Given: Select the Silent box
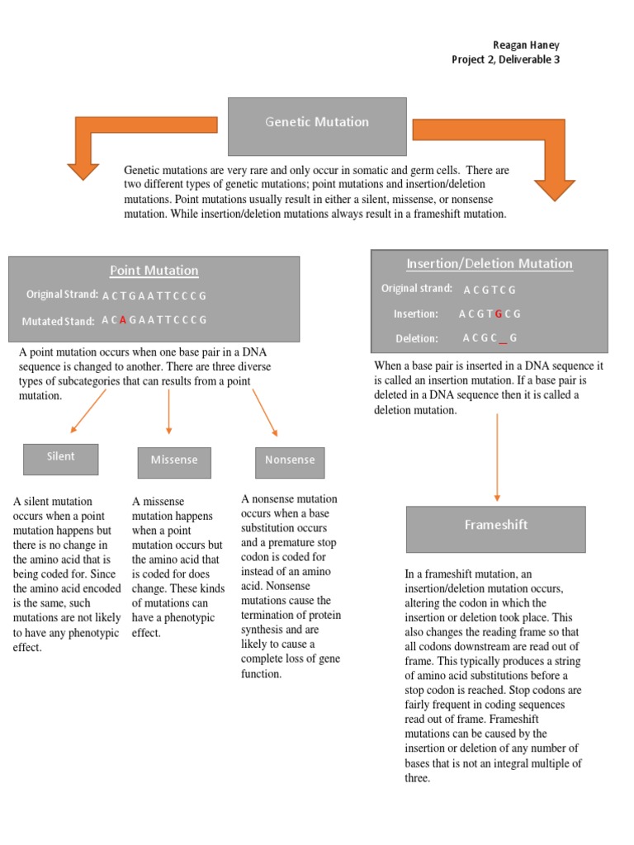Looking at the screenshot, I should (x=60, y=458).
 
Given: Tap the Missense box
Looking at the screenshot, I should (x=174, y=461).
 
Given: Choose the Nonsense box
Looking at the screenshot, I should (x=290, y=461).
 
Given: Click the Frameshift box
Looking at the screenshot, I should (x=495, y=528).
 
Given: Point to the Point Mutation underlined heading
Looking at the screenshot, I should (x=154, y=271).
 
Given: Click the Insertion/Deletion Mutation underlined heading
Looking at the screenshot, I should (x=489, y=264).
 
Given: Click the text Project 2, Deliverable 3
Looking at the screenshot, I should (x=505, y=59).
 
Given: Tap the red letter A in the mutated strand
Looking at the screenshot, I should (x=123, y=320).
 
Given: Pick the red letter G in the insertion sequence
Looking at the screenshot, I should (x=498, y=314).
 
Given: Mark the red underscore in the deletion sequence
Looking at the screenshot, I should (x=502, y=339).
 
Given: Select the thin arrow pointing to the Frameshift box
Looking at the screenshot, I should (x=497, y=458).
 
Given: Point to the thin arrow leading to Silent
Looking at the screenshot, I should (x=88, y=411).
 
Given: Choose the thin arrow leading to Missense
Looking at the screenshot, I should (x=168, y=411).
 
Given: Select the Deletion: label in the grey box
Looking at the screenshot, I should (x=417, y=338).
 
